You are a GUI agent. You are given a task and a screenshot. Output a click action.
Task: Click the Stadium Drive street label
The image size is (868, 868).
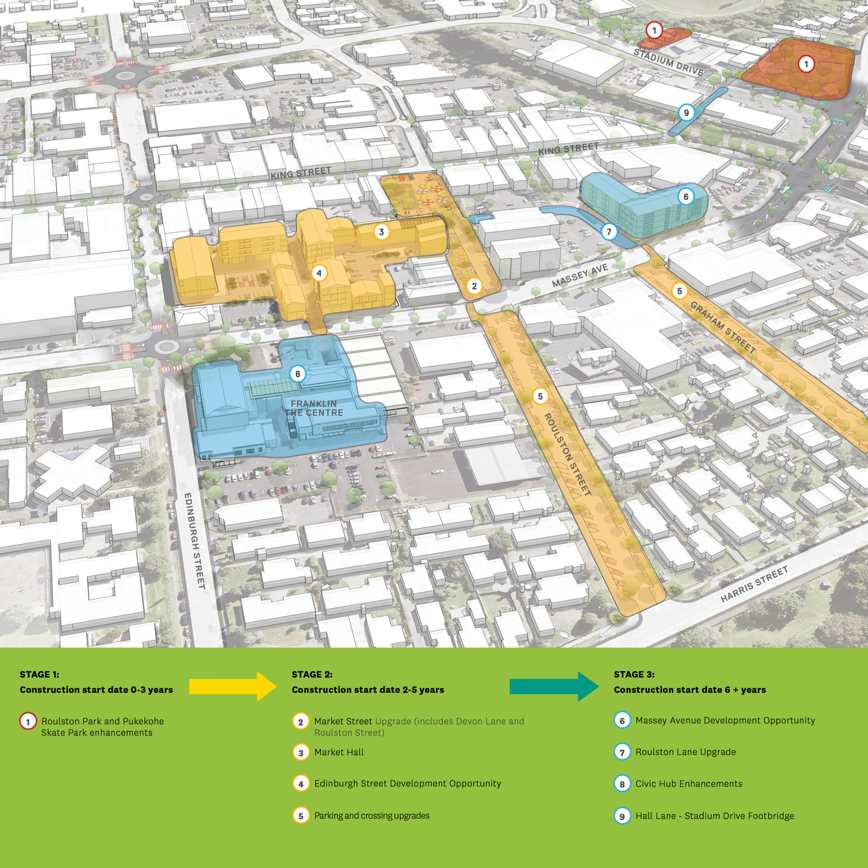669,62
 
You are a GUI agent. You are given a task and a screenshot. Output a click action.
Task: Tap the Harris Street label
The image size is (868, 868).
754,584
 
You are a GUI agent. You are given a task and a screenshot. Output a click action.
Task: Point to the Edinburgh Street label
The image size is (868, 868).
195,540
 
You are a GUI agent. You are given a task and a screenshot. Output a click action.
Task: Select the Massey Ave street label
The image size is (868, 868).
579,275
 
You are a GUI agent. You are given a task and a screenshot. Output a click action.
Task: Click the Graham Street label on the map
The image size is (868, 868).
723,327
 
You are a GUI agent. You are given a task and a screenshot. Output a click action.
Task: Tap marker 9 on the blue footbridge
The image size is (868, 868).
686,113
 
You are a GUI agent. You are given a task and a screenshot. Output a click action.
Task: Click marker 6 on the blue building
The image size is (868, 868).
686,196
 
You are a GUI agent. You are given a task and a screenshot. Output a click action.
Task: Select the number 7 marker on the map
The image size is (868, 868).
609,232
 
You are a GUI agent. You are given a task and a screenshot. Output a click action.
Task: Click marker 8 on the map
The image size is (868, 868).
298,374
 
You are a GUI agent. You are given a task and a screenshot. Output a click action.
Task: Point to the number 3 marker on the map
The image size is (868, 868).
381,232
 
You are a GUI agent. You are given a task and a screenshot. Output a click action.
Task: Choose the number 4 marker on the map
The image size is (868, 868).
319,274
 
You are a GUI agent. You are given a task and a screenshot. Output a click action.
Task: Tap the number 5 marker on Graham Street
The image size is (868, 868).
679,291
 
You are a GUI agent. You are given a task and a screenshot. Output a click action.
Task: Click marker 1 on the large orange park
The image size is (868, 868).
806,64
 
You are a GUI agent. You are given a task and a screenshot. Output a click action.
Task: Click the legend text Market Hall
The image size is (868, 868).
339,752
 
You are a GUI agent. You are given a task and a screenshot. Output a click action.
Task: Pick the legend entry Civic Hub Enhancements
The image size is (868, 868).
688,784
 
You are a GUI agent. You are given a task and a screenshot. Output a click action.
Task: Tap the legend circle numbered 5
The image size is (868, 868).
301,815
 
